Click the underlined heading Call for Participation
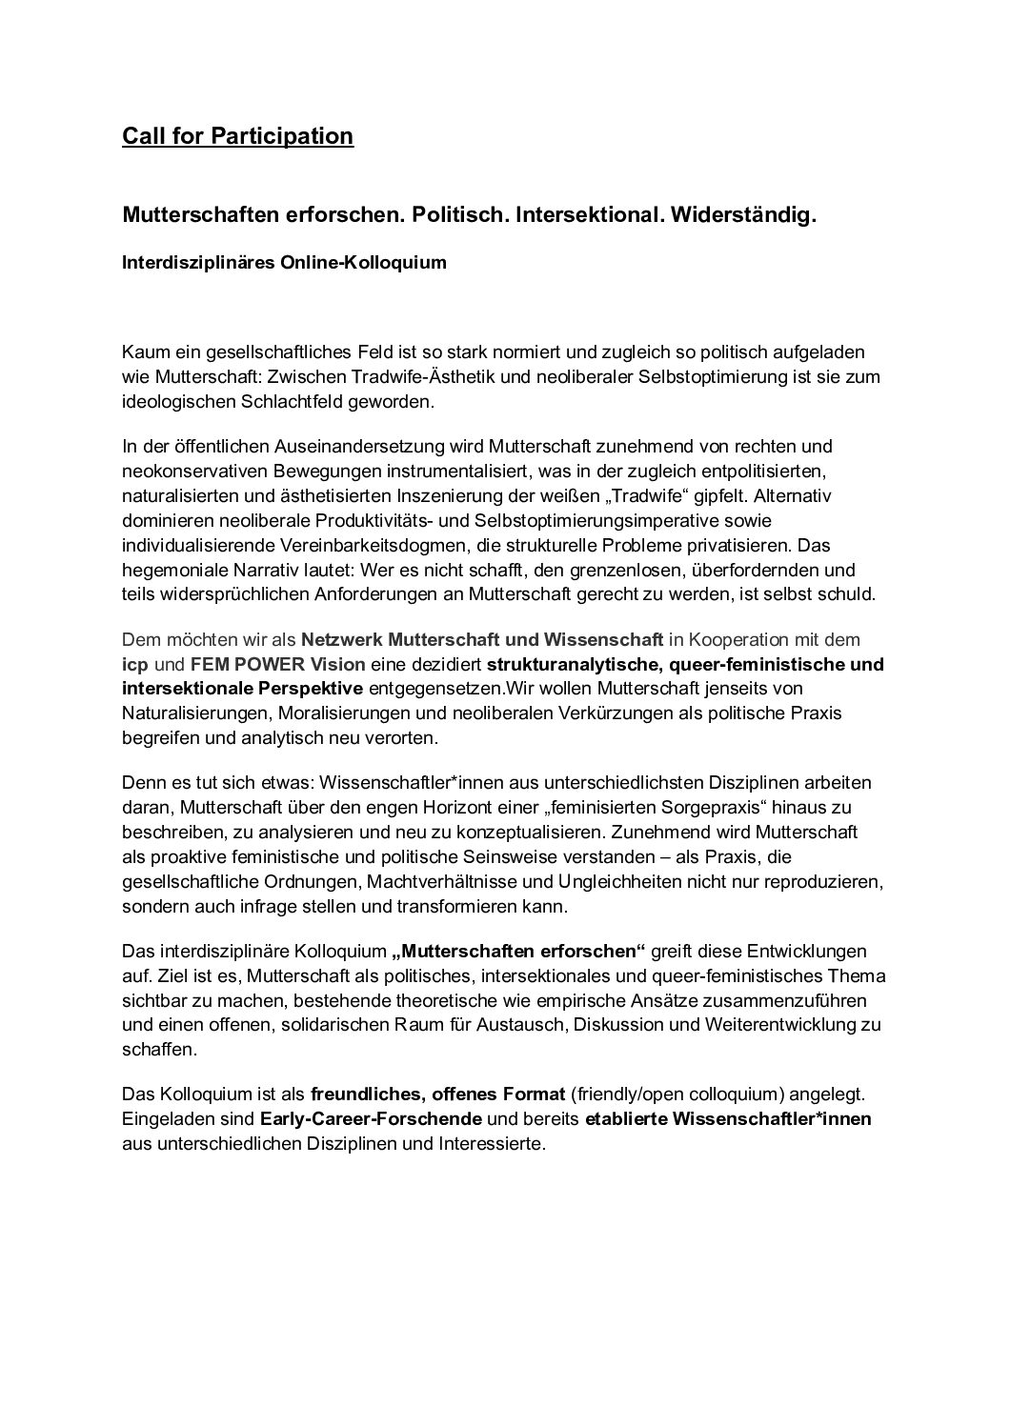pos(237,136)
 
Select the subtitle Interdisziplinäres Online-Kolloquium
pos(284,263)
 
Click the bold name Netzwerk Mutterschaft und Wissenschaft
pos(482,638)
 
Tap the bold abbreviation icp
pos(134,663)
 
